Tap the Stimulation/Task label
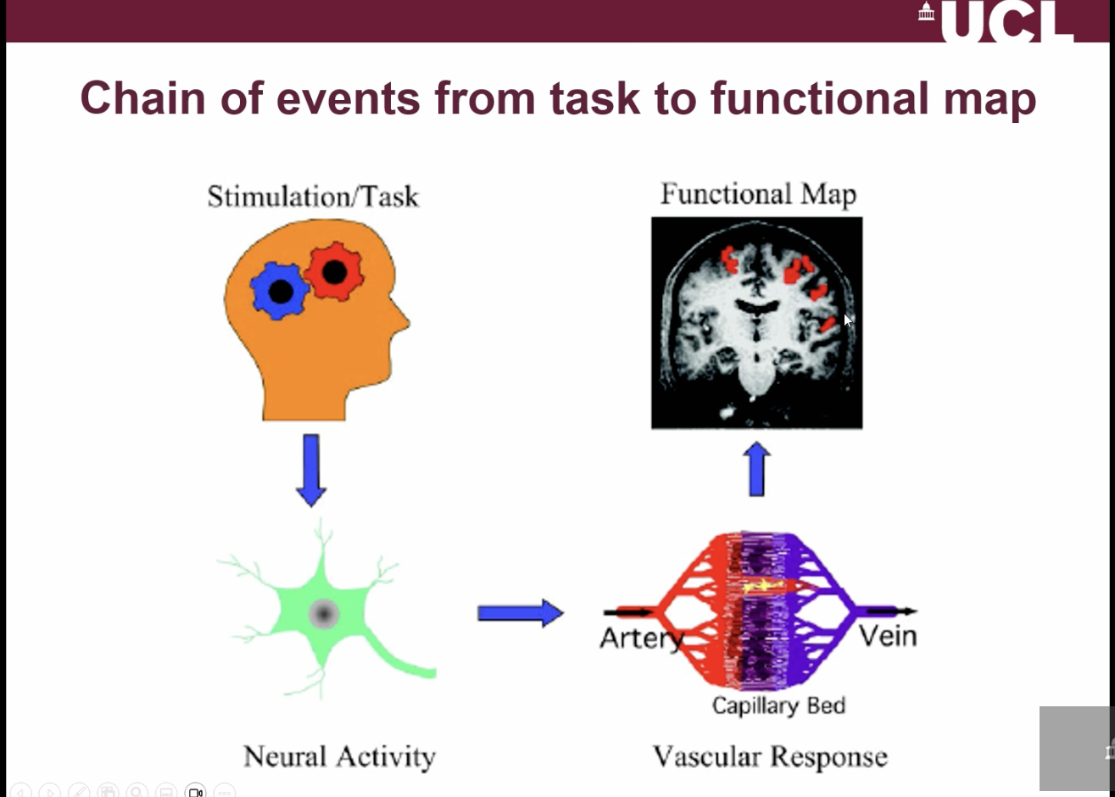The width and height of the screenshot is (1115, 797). click(x=313, y=197)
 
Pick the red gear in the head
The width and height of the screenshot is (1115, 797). click(x=334, y=271)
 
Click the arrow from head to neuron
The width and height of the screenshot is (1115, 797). click(x=312, y=469)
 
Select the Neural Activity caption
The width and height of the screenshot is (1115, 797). click(x=339, y=755)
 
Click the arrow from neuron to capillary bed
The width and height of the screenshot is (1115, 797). click(x=520, y=613)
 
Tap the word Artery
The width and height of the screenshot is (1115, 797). click(x=640, y=637)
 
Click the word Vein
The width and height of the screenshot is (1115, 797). click(x=888, y=635)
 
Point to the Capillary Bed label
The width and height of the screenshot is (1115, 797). click(x=778, y=705)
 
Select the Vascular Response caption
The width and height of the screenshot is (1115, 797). click(x=770, y=755)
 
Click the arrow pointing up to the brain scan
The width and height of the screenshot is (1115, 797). click(x=756, y=471)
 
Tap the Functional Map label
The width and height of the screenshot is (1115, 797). click(x=758, y=194)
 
